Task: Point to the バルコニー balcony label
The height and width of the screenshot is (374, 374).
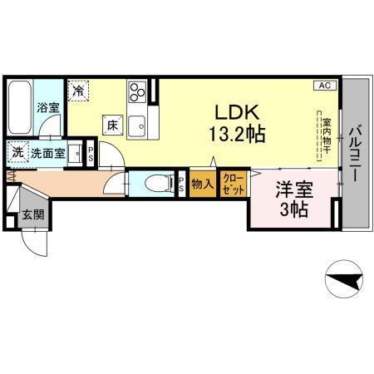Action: (354, 154)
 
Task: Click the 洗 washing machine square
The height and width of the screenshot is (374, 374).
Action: (17, 153)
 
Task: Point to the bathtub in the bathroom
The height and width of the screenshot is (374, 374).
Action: (21, 107)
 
